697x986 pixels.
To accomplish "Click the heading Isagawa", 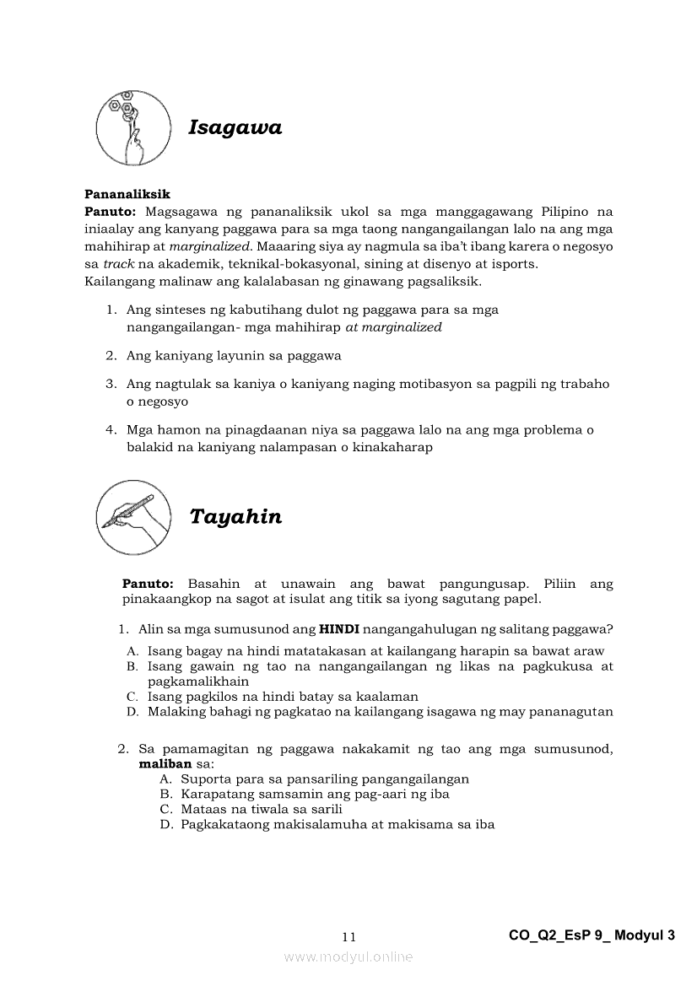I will pos(235,128).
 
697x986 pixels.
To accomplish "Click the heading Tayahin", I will pos(235,517).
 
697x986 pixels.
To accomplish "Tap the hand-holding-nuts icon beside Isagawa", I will pos(133,128).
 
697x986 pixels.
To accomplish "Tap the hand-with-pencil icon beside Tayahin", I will pos(133,516).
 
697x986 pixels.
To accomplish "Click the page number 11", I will pos(349,937).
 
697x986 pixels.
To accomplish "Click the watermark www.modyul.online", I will pos(348,956).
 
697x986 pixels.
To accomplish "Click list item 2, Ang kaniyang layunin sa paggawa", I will pos(234,355).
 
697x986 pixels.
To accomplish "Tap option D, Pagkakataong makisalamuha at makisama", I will pos(337,824).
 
